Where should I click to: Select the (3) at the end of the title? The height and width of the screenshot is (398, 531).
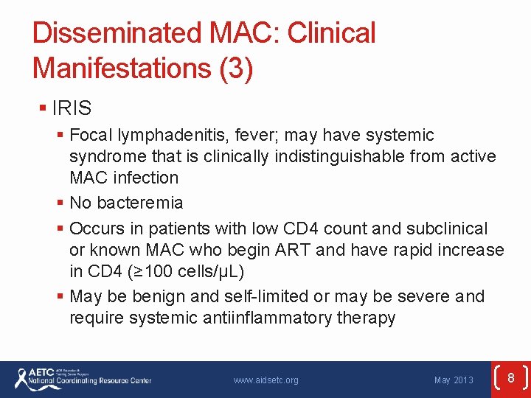[236, 69]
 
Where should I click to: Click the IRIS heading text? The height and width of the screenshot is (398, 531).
[72, 108]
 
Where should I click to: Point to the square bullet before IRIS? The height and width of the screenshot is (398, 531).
[43, 109]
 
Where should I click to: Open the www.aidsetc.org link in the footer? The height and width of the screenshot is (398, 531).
[265, 380]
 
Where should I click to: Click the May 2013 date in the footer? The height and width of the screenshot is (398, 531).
[454, 380]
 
